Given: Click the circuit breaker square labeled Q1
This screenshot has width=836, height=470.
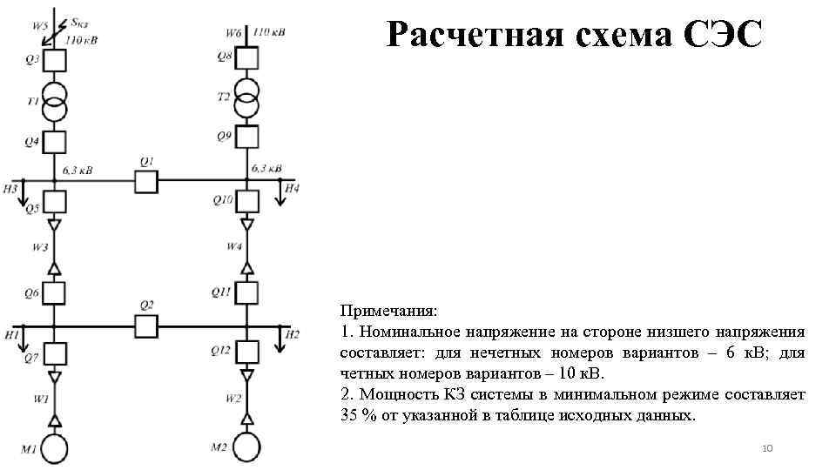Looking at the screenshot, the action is [x=145, y=180].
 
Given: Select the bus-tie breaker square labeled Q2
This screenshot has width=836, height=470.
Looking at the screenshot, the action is [x=145, y=326].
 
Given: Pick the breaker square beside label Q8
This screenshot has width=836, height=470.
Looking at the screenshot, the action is [x=247, y=58].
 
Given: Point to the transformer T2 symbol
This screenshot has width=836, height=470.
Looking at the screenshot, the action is [x=247, y=97].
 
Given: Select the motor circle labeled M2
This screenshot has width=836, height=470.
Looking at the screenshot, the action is [x=247, y=447].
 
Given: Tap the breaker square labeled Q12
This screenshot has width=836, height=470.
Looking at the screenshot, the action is [x=247, y=351].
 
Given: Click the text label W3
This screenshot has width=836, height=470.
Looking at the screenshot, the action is [x=41, y=247].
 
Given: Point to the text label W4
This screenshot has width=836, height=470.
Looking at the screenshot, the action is [x=233, y=246].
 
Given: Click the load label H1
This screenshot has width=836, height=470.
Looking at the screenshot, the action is [x=11, y=334].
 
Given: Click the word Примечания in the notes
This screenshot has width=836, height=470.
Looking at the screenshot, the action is [x=389, y=311].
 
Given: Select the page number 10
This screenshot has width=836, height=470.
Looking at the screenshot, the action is [x=767, y=448].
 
